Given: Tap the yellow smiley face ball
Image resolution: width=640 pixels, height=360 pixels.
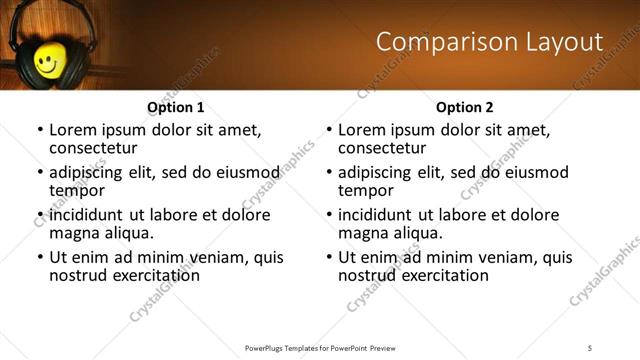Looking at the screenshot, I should coord(46,63).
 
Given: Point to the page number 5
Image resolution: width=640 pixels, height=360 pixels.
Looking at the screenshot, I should coord(590,347).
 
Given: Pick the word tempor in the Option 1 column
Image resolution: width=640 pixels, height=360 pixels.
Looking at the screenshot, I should coord(76,190).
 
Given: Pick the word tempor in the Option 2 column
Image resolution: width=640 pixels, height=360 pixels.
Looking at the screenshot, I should coord(365,190).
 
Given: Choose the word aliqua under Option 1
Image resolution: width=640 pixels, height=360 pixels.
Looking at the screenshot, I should coord(128,233).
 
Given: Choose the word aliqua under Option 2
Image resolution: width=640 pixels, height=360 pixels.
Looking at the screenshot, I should coord(417,233).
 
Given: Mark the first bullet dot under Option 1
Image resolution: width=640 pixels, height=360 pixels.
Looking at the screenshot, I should coord(40,130).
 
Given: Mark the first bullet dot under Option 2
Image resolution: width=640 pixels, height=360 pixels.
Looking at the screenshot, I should coord(329,130).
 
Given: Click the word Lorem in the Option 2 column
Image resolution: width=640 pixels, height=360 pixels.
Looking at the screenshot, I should coord(364,129).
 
